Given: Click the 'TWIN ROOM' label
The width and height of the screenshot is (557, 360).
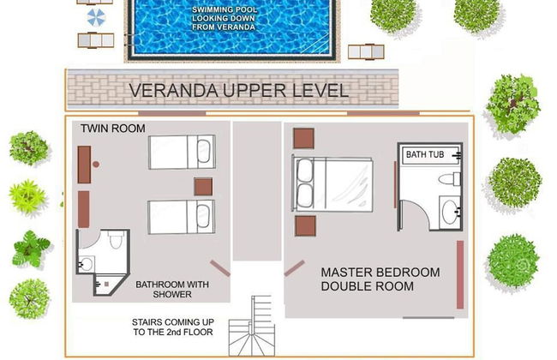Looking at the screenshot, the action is [112, 129].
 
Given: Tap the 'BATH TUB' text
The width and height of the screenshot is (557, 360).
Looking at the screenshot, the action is [425, 154].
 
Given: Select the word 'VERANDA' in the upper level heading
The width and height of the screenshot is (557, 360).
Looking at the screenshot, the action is [173, 90].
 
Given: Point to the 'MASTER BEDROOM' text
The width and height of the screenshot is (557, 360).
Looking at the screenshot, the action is [380, 273].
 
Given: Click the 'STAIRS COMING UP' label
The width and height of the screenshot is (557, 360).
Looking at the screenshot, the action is [173, 322].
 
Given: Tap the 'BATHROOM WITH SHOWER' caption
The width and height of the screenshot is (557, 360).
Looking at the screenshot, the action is [172, 289].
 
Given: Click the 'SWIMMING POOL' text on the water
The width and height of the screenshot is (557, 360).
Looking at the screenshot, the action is [225, 9].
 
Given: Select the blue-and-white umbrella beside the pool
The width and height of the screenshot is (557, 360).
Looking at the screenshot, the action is [96, 17].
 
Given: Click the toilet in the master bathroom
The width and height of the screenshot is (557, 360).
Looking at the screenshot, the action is [449, 179].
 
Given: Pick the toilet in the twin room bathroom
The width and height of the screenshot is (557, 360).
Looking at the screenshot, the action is [115, 239].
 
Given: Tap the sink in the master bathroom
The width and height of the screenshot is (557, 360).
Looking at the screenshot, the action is [451, 212].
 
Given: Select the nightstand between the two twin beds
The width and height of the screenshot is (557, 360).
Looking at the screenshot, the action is [203, 187].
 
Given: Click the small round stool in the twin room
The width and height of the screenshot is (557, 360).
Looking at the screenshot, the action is [96, 165].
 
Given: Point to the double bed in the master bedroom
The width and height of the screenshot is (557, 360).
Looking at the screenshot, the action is [332, 184].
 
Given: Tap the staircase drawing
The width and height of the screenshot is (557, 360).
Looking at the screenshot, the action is [252, 326].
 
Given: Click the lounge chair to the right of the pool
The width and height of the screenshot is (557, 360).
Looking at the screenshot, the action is [366, 52].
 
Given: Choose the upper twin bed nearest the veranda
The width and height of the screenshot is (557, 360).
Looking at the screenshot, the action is [182, 152].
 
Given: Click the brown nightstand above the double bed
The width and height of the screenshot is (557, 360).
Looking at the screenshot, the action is [303, 138].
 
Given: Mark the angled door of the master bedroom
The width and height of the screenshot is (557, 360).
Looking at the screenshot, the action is [294, 268].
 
